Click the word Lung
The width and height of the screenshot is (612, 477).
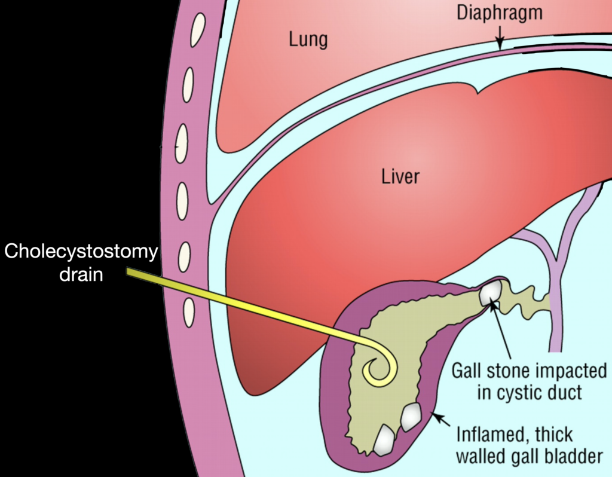(308, 40)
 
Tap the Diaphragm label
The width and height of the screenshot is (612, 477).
(500, 14)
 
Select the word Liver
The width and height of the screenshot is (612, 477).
(400, 177)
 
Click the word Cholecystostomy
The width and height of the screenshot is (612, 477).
(81, 252)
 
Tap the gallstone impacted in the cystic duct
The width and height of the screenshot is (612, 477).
(491, 292)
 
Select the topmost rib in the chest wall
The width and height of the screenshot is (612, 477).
(198, 30)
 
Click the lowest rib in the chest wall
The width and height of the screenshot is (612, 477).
(189, 312)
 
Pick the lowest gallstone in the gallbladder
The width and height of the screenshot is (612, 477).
(385, 440)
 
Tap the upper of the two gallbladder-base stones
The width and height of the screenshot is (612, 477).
(411, 417)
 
